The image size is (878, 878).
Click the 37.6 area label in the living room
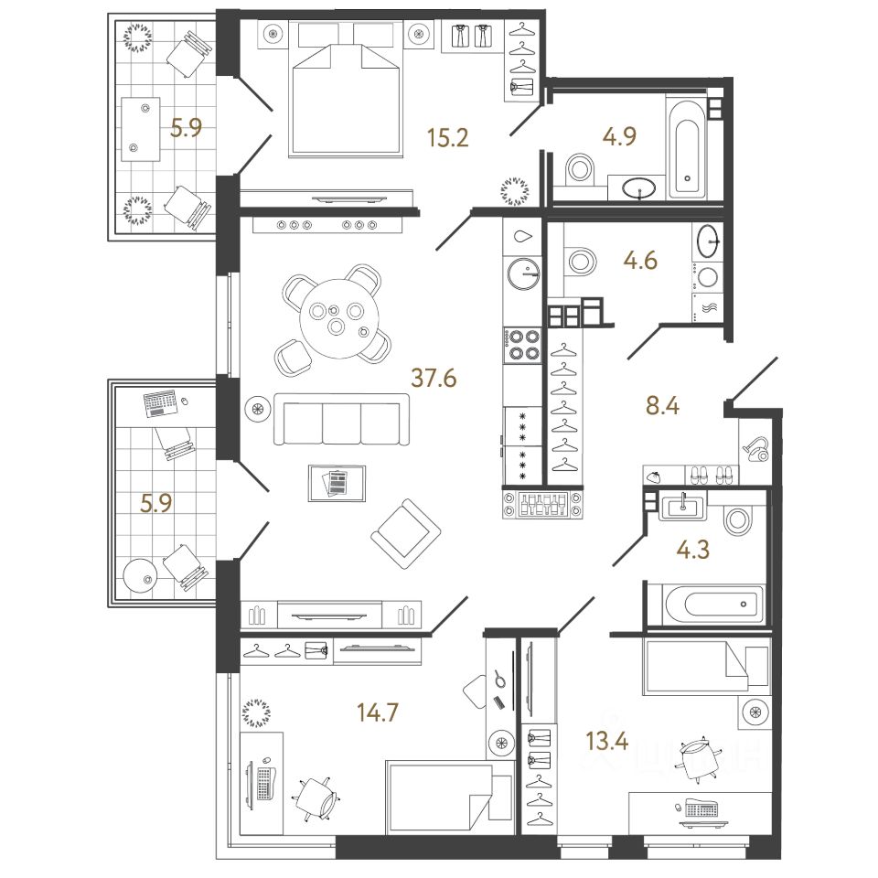coord(434,376)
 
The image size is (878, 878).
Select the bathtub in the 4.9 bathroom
coord(689,147)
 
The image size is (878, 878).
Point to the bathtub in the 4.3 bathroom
coord(705,604)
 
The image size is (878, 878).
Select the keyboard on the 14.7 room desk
coord(264,783)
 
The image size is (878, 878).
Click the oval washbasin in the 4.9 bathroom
coord(638,189)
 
